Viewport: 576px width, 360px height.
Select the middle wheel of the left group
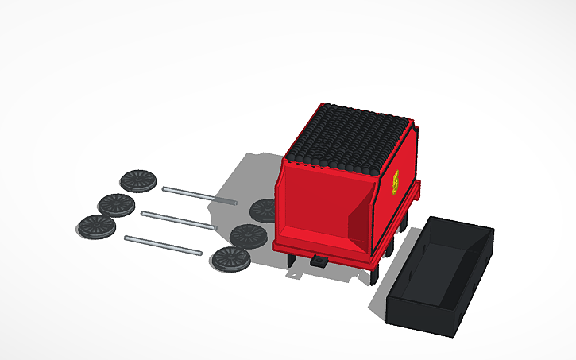click(116, 204)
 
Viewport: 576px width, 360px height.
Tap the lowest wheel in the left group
click(96, 226)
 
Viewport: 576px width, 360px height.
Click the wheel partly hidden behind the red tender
click(262, 211)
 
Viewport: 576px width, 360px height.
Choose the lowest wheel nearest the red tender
click(231, 258)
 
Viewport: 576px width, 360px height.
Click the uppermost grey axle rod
click(199, 195)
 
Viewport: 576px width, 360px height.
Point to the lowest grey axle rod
click(163, 245)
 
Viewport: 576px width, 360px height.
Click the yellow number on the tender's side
click(396, 182)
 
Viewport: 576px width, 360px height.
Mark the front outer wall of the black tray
click(421, 313)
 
